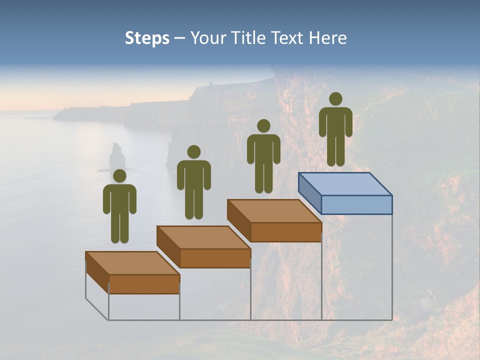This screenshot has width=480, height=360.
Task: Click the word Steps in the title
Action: [147, 38]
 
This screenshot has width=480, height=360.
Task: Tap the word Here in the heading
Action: [327, 38]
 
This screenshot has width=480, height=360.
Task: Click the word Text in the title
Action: [288, 38]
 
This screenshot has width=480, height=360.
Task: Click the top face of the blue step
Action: [345, 183]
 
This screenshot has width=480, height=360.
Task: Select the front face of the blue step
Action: [356, 204]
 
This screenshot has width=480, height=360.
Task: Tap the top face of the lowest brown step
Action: [132, 263]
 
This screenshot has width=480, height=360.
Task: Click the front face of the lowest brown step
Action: [144, 284]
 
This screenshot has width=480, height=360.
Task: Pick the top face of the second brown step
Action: [203, 237]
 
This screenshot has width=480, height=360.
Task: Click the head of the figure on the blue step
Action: [335, 99]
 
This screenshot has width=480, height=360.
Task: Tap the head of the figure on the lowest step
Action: [119, 176]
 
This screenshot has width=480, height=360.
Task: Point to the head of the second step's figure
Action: [193, 152]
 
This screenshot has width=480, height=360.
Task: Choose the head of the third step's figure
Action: [263, 126]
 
